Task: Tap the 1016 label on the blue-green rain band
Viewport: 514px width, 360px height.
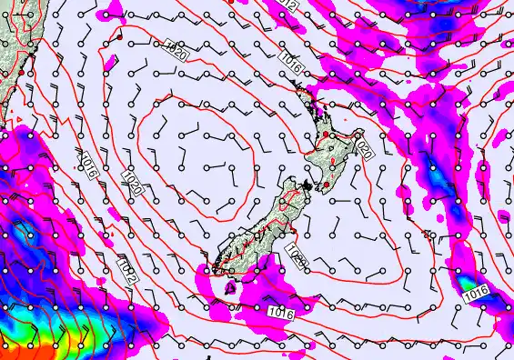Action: (x=477, y=295)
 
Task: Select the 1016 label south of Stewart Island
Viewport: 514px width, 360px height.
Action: (x=281, y=312)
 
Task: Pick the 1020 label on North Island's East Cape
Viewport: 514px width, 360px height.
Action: (x=363, y=146)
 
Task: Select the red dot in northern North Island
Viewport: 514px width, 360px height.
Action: (x=325, y=135)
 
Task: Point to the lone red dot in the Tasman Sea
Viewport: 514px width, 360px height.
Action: (x=119, y=39)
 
